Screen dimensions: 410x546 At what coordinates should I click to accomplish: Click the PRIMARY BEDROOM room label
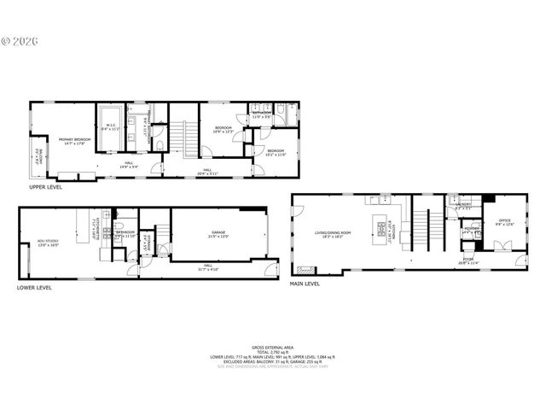[74, 139]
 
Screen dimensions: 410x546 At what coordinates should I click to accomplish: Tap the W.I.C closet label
[110, 128]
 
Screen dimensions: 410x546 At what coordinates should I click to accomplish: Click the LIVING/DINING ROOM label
[328, 231]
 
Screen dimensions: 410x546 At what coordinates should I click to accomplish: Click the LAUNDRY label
[465, 205]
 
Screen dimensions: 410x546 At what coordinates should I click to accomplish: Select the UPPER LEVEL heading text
[48, 186]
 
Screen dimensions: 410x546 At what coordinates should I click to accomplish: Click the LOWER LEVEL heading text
[35, 288]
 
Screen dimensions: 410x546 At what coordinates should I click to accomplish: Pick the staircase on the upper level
[180, 135]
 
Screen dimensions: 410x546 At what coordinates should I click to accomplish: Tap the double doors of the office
[502, 247]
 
